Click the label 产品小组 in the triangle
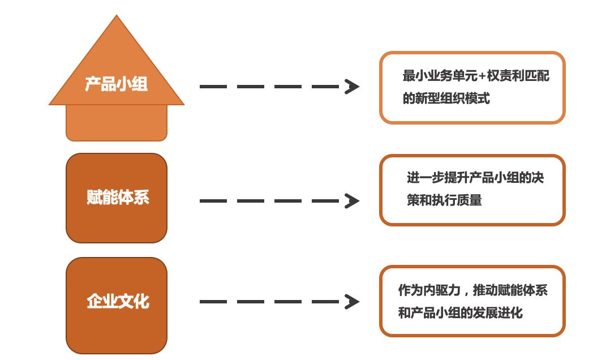pyautogui.click(x=116, y=84)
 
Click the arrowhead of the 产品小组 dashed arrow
pyautogui.click(x=352, y=87)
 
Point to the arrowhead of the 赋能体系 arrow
pyautogui.click(x=352, y=201)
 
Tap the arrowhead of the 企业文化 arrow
pyautogui.click(x=352, y=302)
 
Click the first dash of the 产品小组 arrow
pyautogui.click(x=213, y=87)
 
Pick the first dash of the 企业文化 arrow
pyautogui.click(x=213, y=302)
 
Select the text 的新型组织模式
pyautogui.click(x=446, y=98)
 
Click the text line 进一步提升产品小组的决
pyautogui.click(x=475, y=178)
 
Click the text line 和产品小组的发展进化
pyautogui.click(x=460, y=313)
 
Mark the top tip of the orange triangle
pyautogui.click(x=117, y=16)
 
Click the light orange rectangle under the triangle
pyautogui.click(x=117, y=123)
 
